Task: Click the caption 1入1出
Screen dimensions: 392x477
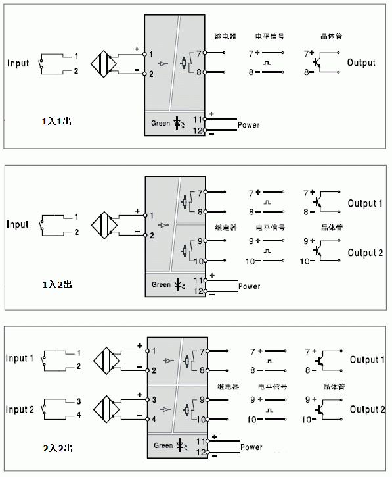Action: (56, 121)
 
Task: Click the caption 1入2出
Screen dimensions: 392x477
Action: (57, 284)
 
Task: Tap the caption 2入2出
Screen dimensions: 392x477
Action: (58, 448)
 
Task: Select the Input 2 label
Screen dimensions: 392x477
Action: (20, 409)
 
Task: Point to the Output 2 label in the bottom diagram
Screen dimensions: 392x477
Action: (368, 409)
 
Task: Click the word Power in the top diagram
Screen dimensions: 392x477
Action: (248, 125)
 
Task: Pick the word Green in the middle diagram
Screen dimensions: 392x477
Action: (161, 284)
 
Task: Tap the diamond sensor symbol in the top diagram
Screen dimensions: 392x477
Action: (104, 64)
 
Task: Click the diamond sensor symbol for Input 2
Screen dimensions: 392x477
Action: (106, 409)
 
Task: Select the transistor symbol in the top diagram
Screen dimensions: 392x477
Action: (318, 63)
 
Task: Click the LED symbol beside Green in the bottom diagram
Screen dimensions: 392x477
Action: (182, 445)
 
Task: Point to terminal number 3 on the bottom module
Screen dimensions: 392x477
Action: (154, 399)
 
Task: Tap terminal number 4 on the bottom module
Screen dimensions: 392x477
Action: (154, 419)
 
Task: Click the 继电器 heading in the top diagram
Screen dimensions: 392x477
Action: (225, 36)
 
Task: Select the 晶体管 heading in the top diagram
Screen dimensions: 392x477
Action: (332, 36)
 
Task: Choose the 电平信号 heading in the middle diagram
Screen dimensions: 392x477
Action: (271, 227)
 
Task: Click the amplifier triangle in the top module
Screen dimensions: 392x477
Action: (163, 64)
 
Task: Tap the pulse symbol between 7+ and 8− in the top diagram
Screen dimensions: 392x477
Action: (267, 63)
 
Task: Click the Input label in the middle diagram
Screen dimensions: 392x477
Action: (18, 224)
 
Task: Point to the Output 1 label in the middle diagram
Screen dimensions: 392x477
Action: (365, 203)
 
